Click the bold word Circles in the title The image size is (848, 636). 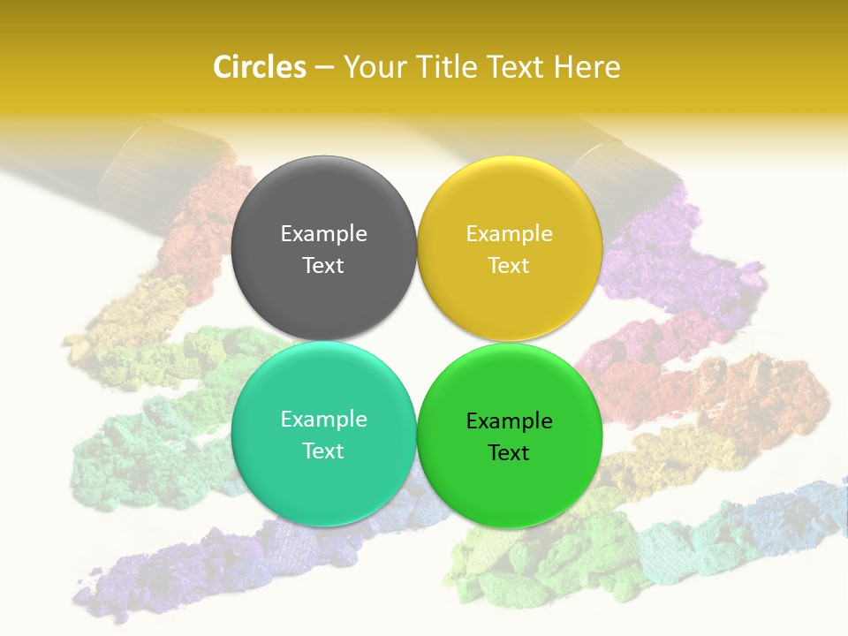tap(260, 67)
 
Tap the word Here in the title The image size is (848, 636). tap(587, 67)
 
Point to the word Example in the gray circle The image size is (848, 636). tap(323, 234)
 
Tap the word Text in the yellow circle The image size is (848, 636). tap(509, 266)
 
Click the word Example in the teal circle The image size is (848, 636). tap(323, 420)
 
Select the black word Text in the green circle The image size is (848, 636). tap(509, 453)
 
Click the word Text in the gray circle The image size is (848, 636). tap(323, 266)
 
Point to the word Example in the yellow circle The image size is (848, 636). tap(509, 234)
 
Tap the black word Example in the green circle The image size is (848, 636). tap(509, 421)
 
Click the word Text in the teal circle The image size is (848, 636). tap(323, 451)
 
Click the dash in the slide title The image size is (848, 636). tap(324, 68)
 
